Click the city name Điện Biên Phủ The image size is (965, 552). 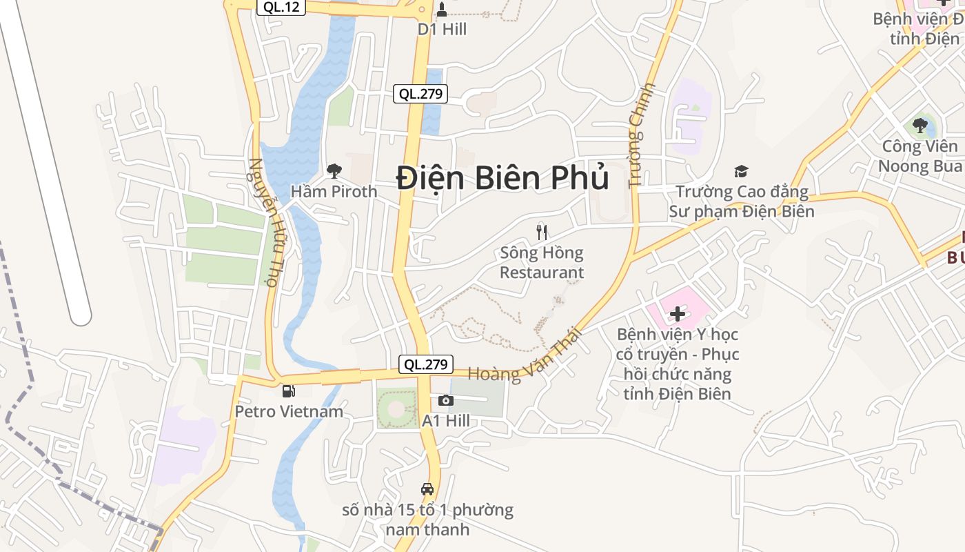[502, 178]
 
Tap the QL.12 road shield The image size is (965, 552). [281, 6]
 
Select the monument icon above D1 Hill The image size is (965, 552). [442, 10]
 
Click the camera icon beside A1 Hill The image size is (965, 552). [446, 400]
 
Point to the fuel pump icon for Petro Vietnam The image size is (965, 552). [289, 391]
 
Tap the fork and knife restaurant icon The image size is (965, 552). [542, 232]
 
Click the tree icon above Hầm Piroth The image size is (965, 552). [334, 170]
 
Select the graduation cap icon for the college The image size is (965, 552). [741, 171]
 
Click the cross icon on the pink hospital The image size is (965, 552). [678, 314]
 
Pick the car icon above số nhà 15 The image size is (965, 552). [427, 489]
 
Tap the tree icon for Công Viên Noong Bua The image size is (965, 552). [920, 126]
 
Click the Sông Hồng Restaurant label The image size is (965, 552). [542, 262]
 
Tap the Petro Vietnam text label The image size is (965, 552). [289, 411]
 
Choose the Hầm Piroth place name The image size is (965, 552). [334, 191]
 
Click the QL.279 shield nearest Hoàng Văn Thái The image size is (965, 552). [427, 364]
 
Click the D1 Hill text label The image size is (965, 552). [443, 29]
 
